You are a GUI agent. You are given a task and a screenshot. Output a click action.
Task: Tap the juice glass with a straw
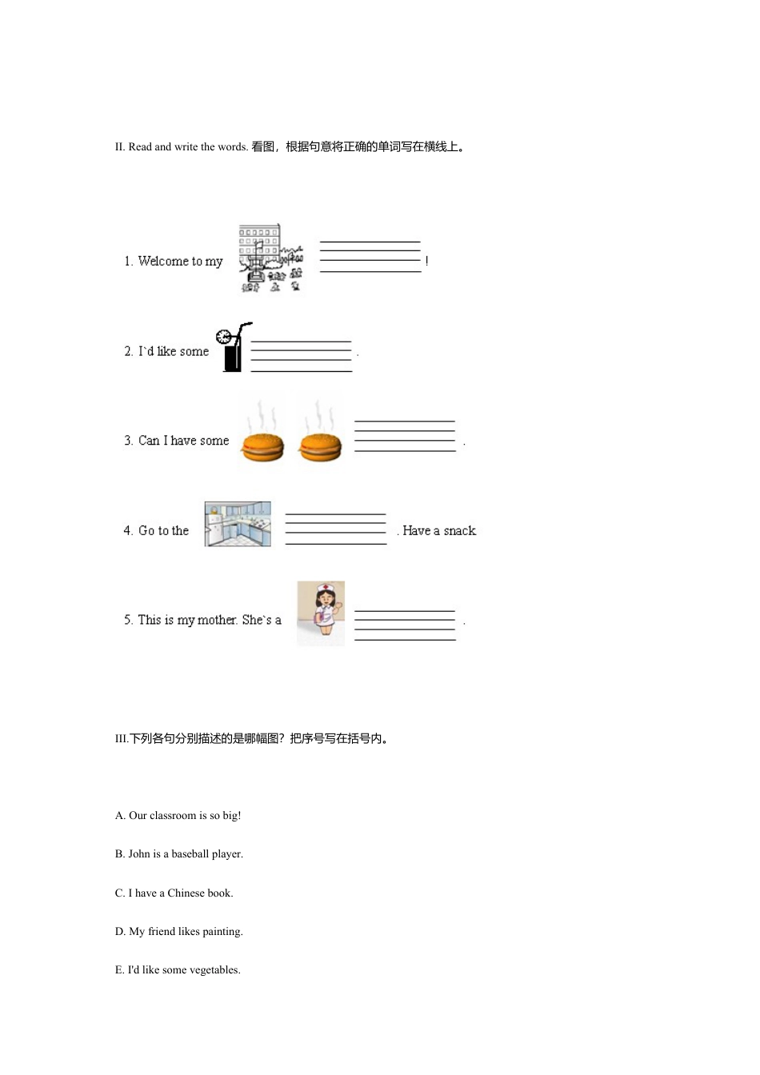[x=234, y=347]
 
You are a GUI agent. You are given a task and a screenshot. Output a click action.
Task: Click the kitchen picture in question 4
[x=238, y=524]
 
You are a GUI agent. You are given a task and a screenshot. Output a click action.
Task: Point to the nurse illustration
[x=321, y=613]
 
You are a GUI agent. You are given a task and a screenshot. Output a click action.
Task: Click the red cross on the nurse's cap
[x=326, y=586]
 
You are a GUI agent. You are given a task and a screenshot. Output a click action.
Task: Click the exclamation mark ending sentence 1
[x=427, y=261]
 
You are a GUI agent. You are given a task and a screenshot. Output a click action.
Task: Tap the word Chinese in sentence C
[x=186, y=893]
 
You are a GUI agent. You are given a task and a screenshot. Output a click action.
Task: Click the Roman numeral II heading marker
[x=120, y=147]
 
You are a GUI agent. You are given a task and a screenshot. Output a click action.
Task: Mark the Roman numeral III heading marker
[x=122, y=739]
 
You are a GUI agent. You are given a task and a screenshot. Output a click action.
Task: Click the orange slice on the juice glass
[x=223, y=337]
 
